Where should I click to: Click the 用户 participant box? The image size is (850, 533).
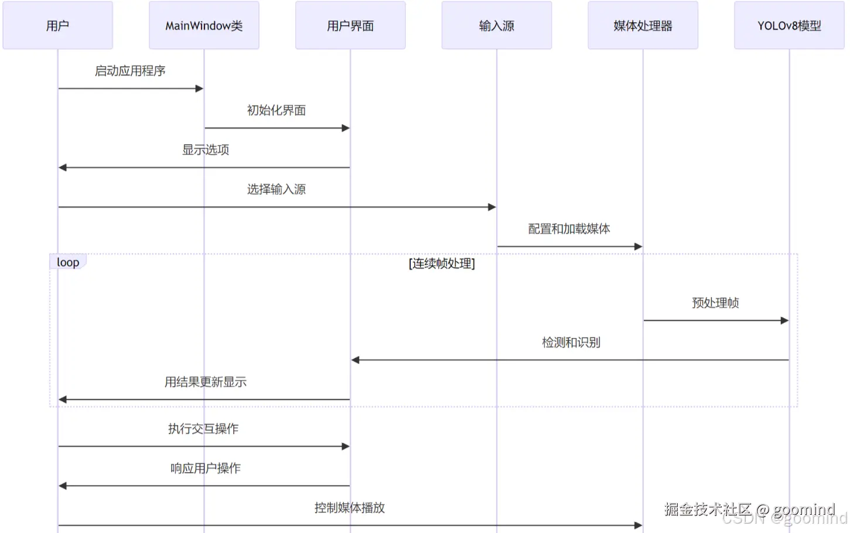point(57,25)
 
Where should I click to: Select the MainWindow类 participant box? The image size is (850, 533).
point(204,25)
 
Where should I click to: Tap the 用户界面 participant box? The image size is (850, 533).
point(350,25)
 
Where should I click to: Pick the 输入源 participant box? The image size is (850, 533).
point(497,25)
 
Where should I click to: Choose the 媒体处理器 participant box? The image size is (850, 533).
point(643,25)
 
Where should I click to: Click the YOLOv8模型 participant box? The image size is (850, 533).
point(789,25)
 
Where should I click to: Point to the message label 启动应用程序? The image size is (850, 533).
point(130,71)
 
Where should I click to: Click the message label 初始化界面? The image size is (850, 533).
point(276,110)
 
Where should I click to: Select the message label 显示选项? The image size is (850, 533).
point(206,150)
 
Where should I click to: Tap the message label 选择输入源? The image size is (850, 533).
point(276,189)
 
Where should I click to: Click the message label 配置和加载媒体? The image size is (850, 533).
point(569,229)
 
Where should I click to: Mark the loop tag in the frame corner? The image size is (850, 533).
point(68,262)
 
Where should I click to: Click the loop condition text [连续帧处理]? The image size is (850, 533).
point(442,264)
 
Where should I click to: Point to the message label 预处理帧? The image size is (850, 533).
point(715,303)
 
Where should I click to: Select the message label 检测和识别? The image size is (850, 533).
point(571,343)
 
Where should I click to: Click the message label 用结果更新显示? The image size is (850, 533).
point(206,382)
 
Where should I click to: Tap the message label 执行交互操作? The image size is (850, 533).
point(203,429)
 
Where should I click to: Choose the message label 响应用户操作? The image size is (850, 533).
point(206,469)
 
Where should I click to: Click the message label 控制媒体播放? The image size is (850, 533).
point(350,508)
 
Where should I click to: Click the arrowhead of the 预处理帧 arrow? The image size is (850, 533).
point(784,320)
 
